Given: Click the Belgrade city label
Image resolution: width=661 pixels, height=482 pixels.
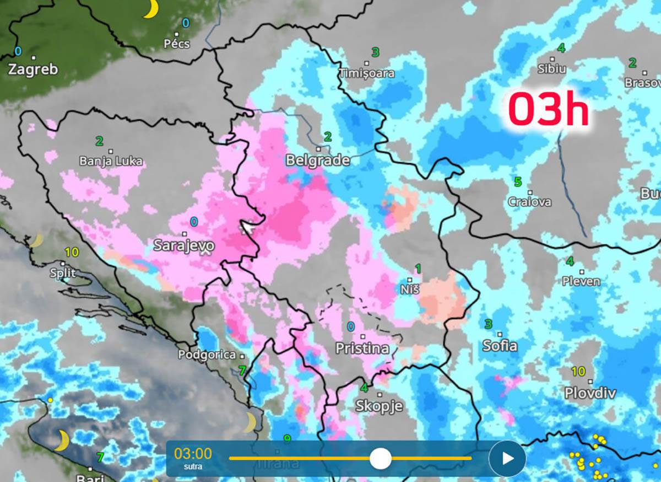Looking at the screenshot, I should click(x=318, y=160).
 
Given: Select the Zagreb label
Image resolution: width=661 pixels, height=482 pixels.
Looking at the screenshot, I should click(x=33, y=70).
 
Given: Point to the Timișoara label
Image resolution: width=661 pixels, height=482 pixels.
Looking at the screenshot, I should click(x=367, y=73).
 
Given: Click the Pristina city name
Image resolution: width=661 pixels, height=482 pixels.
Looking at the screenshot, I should click(x=362, y=349).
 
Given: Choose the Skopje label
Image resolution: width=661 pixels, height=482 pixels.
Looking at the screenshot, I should click(x=379, y=406).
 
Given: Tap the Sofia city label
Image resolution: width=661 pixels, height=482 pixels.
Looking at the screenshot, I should click(x=500, y=346).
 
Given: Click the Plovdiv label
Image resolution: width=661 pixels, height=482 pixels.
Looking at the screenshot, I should click(x=590, y=393).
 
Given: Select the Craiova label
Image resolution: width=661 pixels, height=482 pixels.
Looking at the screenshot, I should click(x=529, y=202).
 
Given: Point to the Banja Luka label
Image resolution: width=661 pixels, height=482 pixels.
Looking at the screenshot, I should click(x=111, y=162).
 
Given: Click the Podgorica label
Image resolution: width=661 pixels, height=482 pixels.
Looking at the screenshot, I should click(x=207, y=355).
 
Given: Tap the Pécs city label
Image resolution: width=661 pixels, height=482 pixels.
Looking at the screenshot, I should click(x=177, y=44).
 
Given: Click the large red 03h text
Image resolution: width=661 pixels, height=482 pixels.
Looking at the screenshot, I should click(x=548, y=110).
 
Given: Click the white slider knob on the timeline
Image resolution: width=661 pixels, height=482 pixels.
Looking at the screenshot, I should click(x=380, y=458).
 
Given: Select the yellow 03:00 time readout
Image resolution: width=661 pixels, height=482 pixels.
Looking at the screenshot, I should click(x=193, y=454).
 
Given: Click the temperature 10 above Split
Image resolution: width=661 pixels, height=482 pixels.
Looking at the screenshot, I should click(x=72, y=253).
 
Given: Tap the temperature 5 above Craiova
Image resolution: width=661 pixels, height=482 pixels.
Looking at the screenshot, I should click(x=518, y=181).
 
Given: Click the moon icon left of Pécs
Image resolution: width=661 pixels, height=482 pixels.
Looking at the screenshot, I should click(x=150, y=9).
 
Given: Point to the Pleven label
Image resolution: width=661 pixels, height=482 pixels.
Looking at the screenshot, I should click(x=581, y=281).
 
